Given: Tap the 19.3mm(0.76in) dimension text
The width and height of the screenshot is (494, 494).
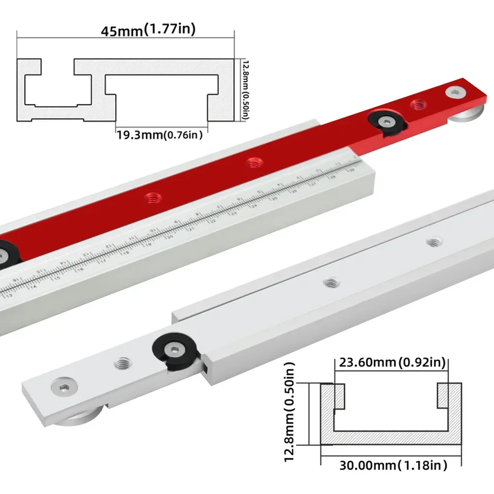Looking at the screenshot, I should pos(158,135).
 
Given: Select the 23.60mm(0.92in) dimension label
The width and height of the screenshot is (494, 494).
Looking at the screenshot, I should pos(391,363).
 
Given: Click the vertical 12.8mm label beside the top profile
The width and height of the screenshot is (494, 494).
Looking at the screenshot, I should pos(245,89).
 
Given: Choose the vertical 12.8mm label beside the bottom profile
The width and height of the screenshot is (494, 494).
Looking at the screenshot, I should pos(290,412).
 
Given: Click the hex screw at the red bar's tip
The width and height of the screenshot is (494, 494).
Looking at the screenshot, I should pos(454,93).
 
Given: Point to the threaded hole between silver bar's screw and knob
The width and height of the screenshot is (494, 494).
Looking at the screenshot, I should pos(122,364).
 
